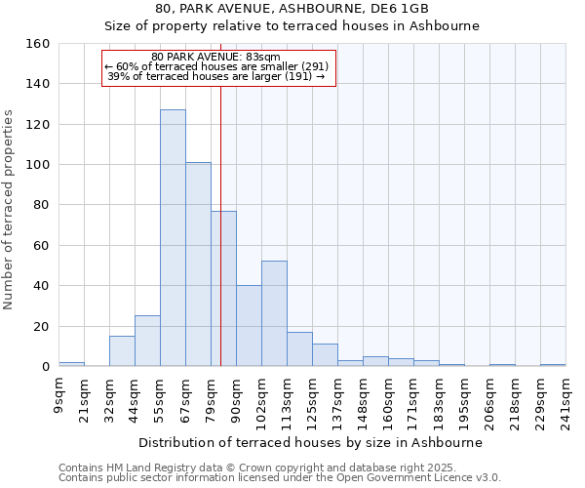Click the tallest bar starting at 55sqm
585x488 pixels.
tap(173, 238)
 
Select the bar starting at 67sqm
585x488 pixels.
tap(198, 264)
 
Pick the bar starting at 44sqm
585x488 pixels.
tap(147, 341)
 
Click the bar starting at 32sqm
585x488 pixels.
tap(122, 351)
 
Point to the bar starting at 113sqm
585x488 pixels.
tap(299, 349)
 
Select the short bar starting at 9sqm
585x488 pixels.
tap(71, 364)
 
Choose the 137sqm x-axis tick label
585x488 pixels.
tap(338, 395)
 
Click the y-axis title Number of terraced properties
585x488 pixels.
tap(9, 209)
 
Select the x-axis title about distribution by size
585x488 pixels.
tap(311, 442)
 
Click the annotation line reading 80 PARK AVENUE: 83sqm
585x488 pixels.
tap(216, 57)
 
